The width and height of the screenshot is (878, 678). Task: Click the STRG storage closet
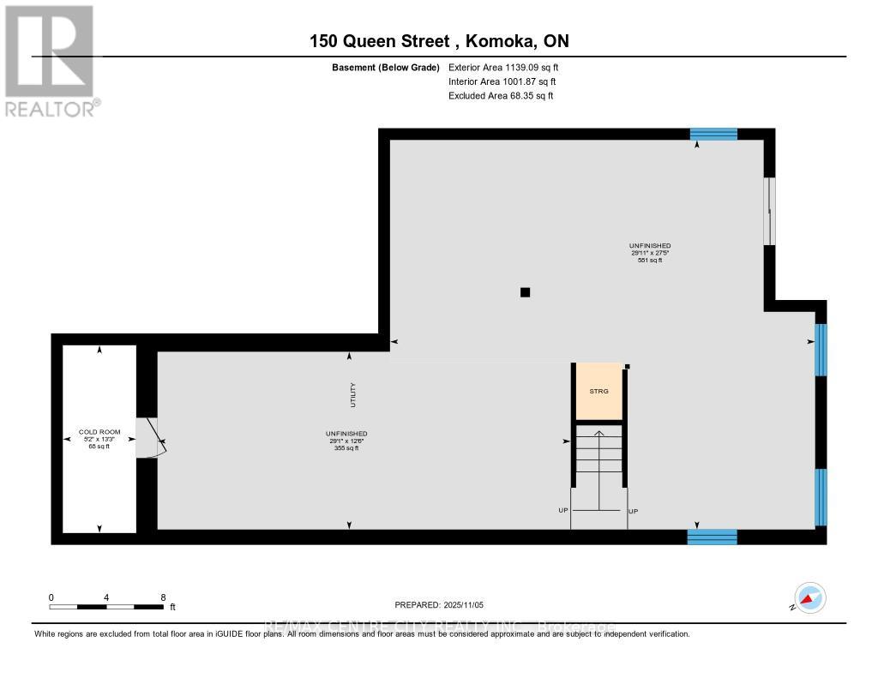598,392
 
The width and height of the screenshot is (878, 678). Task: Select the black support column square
526,292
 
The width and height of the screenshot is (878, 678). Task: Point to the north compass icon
809,597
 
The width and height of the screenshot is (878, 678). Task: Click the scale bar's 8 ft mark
163,597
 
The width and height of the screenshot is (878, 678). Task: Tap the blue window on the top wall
713,134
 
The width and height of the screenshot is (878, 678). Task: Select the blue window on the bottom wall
712,537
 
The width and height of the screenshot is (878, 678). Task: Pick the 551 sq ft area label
648,260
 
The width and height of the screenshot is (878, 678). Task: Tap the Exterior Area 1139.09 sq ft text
503,67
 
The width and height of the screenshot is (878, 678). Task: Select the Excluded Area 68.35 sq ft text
501,96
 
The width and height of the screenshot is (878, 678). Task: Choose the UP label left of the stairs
563,511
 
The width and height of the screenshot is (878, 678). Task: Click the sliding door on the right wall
769,210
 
